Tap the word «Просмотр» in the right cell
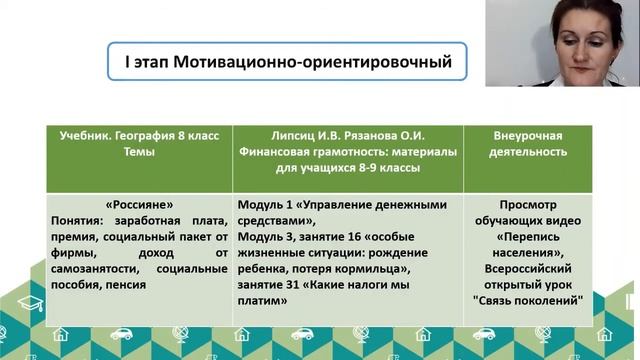[530, 200]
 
